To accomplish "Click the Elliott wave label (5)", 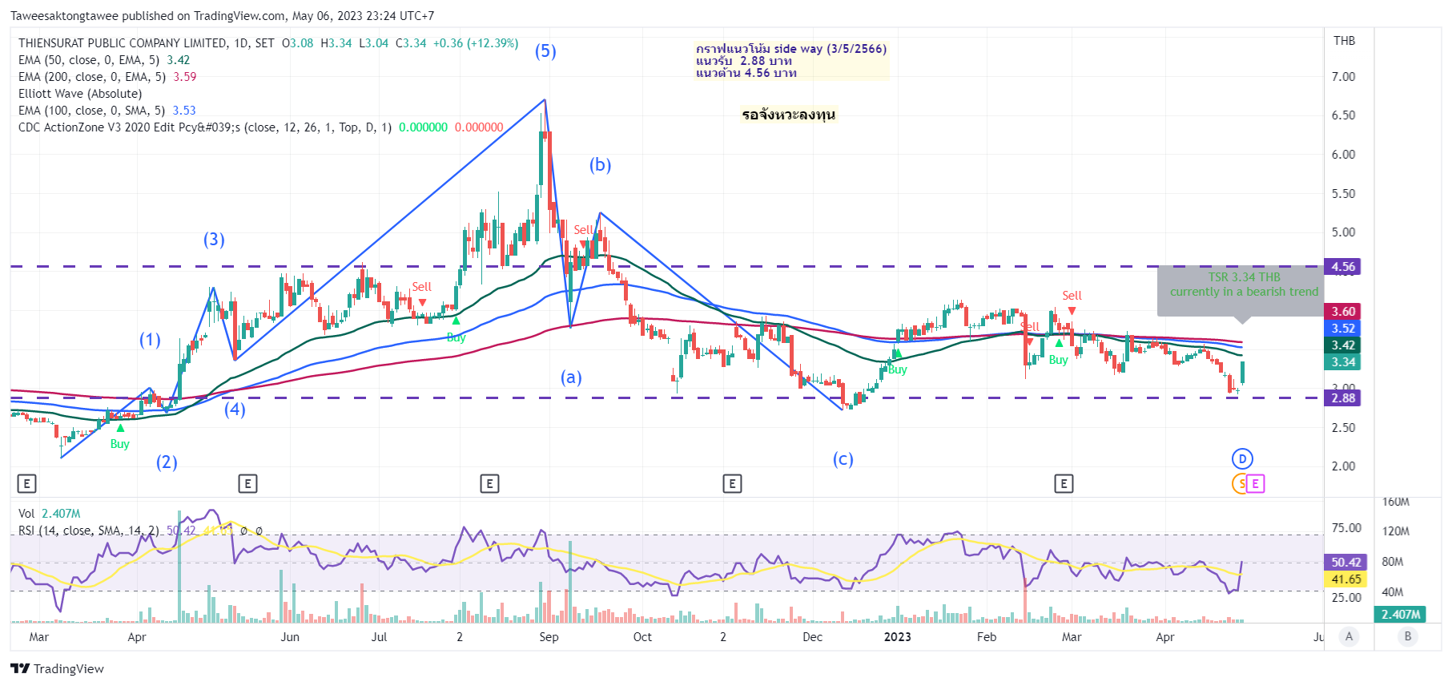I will click(545, 51).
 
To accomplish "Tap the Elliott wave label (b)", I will click(600, 165).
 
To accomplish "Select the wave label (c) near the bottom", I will click(843, 459).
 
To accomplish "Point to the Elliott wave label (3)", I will click(214, 240).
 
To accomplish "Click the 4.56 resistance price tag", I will click(1343, 267).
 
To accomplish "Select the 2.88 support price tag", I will click(1343, 398).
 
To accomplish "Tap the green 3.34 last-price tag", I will click(1343, 362).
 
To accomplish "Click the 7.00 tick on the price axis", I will click(1343, 77).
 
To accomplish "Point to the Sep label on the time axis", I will click(549, 637).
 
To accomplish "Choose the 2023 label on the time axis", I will click(897, 637).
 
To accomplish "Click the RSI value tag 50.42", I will click(1346, 563).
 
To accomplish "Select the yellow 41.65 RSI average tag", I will click(1346, 579).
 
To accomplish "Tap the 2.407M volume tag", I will click(1401, 615).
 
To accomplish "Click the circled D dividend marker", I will click(1242, 459).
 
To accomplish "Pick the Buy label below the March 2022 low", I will click(119, 444).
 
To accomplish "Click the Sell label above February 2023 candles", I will click(1072, 296).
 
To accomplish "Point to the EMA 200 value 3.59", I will click(185, 77).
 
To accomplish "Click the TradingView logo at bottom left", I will click(57, 669).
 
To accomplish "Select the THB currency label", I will click(1344, 41).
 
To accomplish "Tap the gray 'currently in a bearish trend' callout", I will click(1243, 292).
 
